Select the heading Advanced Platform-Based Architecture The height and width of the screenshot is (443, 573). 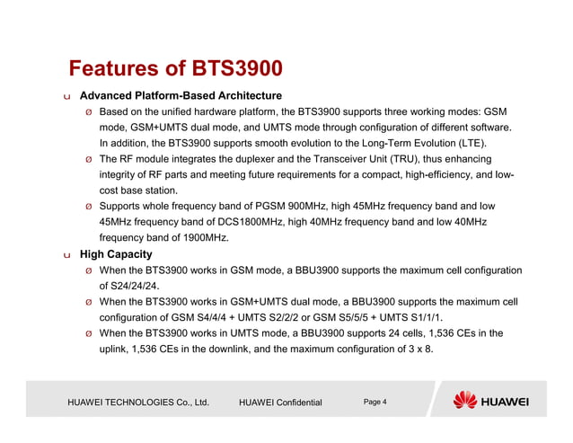click(181, 95)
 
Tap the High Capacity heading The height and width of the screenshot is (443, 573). click(116, 254)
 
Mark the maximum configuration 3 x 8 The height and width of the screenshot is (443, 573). click(419, 350)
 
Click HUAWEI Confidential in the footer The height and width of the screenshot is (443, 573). click(280, 403)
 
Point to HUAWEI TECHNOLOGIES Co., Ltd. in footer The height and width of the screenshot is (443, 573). click(138, 403)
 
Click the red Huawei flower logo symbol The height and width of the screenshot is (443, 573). click(465, 400)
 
